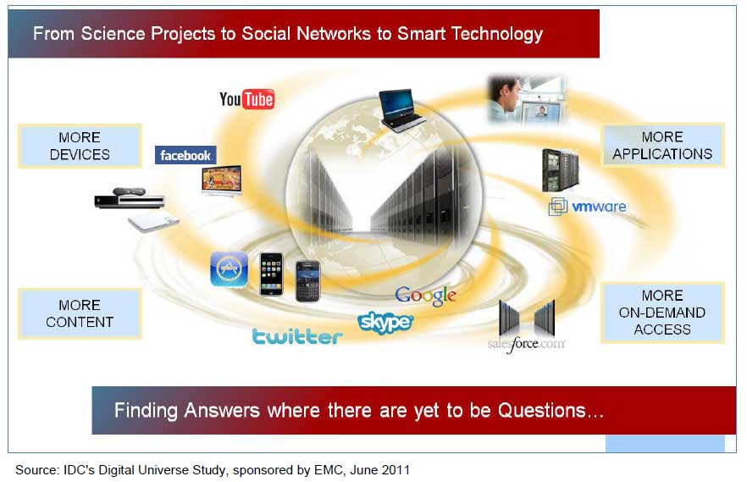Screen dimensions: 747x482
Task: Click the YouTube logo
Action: [246, 99]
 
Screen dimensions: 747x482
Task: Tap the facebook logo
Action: [185, 155]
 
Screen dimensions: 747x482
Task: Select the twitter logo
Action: [297, 335]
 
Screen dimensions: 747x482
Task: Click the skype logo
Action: [385, 323]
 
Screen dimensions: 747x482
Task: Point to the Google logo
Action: [425, 296]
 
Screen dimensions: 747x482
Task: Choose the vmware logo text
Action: [599, 207]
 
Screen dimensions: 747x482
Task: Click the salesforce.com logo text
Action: [527, 343]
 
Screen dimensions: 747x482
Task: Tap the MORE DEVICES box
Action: [80, 146]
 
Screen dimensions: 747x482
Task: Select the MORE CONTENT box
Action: [80, 313]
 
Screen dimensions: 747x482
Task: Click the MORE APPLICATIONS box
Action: [662, 145]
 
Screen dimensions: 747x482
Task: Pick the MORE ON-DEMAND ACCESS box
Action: [662, 313]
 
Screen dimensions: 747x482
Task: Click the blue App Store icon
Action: [230, 269]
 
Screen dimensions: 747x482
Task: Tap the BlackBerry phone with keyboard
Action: [307, 281]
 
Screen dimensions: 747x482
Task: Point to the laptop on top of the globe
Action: [401, 109]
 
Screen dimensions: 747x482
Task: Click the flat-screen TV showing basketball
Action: [222, 180]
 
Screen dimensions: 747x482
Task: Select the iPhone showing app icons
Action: [272, 274]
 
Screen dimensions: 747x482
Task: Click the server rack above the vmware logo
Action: [561, 170]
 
